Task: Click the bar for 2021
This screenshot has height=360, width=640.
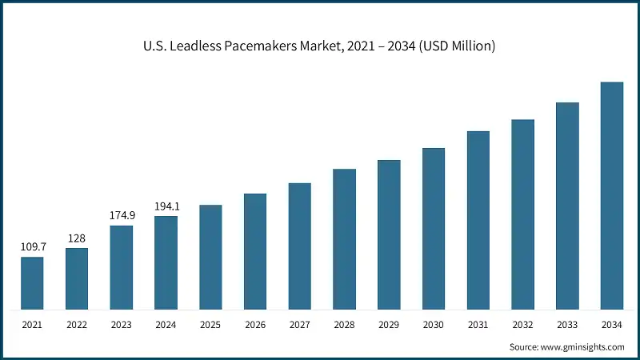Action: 32,284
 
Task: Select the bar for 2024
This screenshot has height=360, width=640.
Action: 166,263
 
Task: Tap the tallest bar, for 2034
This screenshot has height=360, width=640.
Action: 612,196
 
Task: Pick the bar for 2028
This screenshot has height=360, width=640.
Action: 344,240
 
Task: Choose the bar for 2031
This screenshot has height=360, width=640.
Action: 478,221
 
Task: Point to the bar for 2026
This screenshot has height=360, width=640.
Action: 255,252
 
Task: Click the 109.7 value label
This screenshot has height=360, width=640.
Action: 32,247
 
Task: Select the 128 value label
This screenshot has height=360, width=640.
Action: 77,238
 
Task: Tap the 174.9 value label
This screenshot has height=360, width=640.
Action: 122,216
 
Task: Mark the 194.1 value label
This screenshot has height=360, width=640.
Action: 166,206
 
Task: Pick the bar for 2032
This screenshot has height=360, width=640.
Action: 522,215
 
